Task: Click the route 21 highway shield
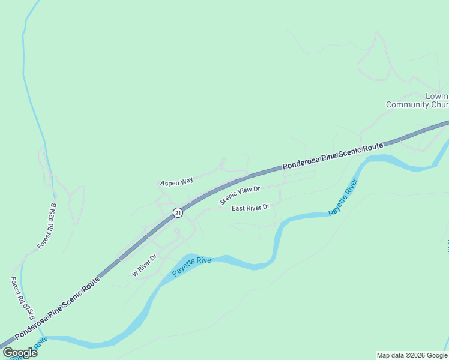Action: (178, 212)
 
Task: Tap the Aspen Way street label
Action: (176, 181)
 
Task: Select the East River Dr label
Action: (251, 207)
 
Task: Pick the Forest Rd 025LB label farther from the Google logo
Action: (47, 226)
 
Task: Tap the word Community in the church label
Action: (408, 104)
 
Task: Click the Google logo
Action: (20, 353)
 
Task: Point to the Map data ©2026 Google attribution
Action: (412, 355)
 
